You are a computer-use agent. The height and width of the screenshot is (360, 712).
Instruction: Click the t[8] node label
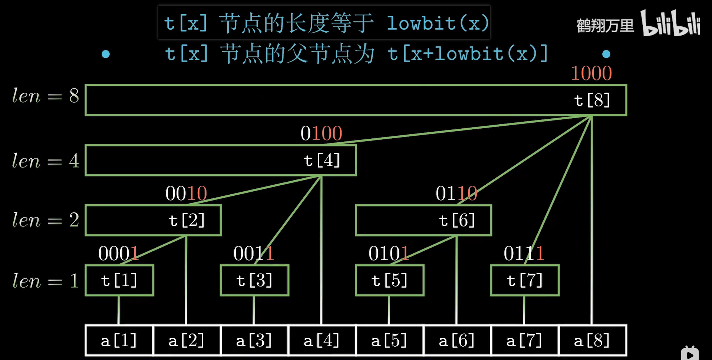(592, 100)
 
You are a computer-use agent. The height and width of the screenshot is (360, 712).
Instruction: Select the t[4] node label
(322, 160)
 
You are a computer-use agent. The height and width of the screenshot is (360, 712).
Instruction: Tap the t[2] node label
(187, 220)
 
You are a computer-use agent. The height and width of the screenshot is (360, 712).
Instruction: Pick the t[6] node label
(457, 220)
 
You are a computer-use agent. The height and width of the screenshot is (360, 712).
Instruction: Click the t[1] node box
(119, 280)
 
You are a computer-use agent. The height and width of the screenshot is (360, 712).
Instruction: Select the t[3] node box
(254, 280)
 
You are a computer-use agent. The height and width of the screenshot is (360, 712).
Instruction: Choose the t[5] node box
(389, 280)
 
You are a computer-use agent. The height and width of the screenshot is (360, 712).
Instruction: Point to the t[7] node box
(524, 280)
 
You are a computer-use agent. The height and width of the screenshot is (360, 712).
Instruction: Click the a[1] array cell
(119, 340)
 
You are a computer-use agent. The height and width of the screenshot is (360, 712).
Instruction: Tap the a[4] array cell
(322, 340)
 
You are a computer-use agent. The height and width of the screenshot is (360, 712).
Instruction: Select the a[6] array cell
(457, 340)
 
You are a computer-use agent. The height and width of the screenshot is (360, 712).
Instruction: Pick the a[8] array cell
(592, 340)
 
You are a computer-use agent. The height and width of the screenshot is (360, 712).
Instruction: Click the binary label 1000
(591, 73)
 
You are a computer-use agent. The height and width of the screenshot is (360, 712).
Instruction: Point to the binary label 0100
(321, 133)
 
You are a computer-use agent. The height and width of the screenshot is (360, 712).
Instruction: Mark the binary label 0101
(389, 254)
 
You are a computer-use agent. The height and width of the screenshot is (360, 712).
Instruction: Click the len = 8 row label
(45, 96)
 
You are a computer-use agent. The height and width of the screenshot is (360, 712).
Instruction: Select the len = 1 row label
(45, 281)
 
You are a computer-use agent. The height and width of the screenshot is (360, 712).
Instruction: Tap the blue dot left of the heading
(106, 54)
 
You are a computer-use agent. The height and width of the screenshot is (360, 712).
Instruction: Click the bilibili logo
(671, 23)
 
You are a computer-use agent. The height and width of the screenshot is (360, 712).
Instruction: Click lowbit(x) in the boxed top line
(438, 23)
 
